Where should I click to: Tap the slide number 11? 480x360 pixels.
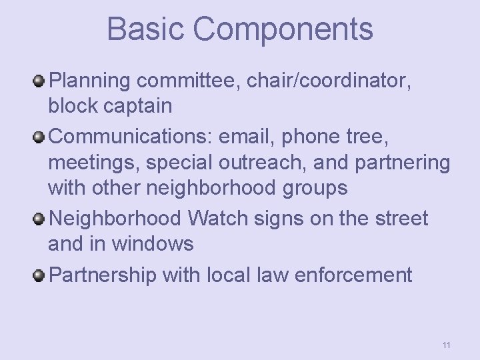pyautogui.click(x=446, y=345)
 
